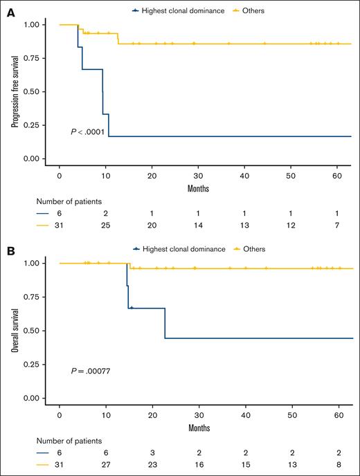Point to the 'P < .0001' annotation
87,131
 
